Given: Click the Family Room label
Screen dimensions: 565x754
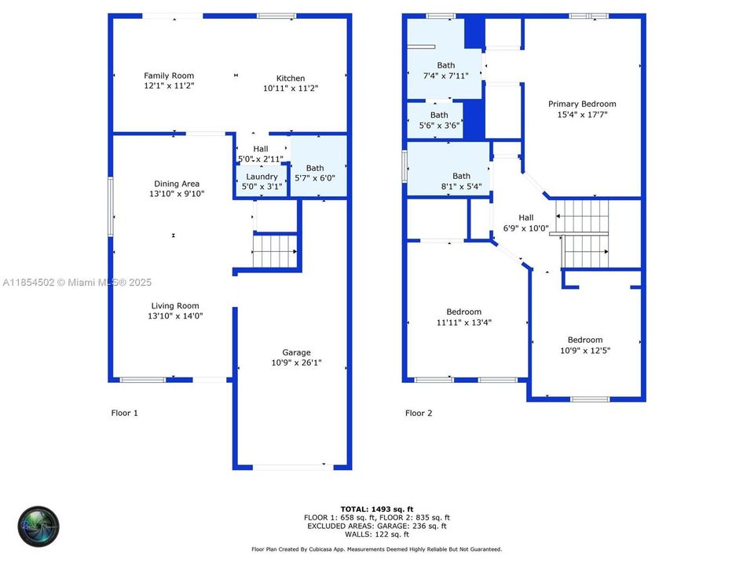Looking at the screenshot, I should [x=169, y=76].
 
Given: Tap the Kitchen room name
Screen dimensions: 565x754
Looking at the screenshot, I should [x=290, y=78].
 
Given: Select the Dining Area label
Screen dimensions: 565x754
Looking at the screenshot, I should [x=177, y=184].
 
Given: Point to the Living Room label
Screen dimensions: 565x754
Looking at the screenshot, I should [x=175, y=306].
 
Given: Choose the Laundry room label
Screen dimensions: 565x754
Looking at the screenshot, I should [x=262, y=177].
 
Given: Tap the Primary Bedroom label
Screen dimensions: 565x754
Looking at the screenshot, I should [x=582, y=104].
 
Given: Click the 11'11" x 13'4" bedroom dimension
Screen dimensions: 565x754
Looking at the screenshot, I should [x=464, y=323].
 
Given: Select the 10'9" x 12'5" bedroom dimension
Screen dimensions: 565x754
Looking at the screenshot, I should [x=585, y=350].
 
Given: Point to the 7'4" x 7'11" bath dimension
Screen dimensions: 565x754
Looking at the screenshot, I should [x=445, y=76].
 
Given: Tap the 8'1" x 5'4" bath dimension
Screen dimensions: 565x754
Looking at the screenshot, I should [x=461, y=187].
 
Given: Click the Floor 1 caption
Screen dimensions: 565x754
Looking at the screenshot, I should [x=125, y=413].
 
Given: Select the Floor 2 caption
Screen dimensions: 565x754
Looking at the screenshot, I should [x=419, y=413].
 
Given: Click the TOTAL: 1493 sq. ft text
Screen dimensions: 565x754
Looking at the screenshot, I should [x=377, y=508].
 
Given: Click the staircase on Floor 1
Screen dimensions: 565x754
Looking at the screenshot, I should [x=274, y=252].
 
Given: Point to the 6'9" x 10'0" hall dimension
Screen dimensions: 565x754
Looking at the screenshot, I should [x=526, y=229].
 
